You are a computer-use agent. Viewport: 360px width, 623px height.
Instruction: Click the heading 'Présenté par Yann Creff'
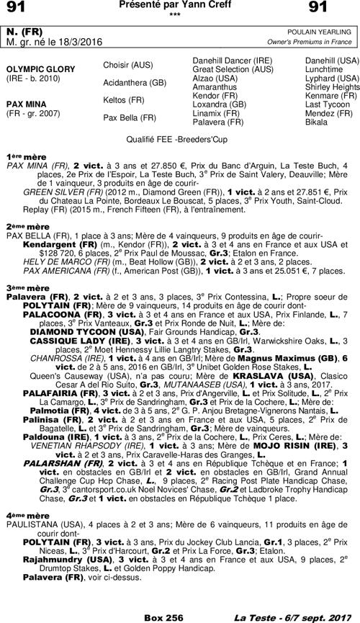click(x=179, y=6)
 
